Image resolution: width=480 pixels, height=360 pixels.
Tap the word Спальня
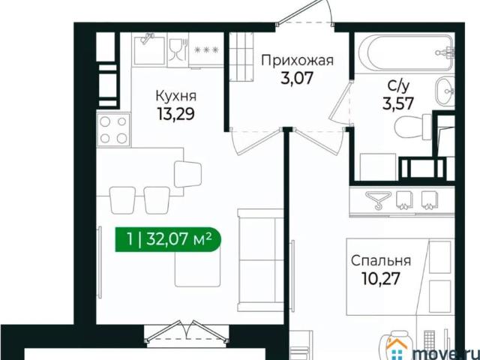tap(381, 261)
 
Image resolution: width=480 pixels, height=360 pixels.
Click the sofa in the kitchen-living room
tap(259, 259)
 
